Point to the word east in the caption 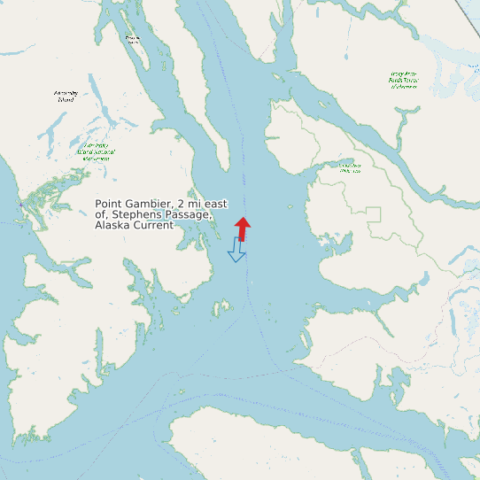click(x=213, y=204)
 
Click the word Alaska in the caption click(x=113, y=225)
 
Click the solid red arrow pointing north click(x=243, y=228)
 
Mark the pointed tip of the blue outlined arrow click(x=236, y=261)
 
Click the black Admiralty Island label click(x=66, y=96)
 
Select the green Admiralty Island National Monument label click(x=96, y=151)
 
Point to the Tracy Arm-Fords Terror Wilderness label click(x=404, y=81)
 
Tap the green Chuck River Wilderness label click(x=350, y=166)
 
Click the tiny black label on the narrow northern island click(x=133, y=40)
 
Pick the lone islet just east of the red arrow click(x=290, y=207)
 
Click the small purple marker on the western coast click(x=21, y=204)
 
